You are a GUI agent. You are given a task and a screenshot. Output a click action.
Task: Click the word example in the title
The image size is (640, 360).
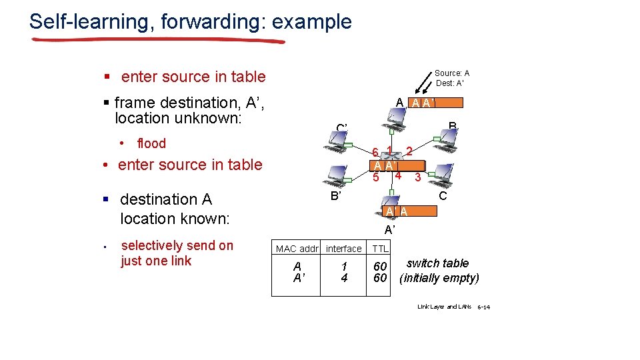(x=312, y=21)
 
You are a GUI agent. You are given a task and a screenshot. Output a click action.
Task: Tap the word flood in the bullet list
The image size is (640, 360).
(x=151, y=143)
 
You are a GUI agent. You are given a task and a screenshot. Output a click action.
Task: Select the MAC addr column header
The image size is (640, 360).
(x=297, y=249)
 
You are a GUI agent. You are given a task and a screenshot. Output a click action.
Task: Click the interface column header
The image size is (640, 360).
(x=344, y=249)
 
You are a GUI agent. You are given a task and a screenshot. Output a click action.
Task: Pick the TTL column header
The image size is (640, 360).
(x=380, y=249)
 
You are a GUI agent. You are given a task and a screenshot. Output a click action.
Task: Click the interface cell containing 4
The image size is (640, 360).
(x=344, y=278)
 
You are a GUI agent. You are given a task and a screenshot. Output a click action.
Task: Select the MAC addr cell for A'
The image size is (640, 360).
(x=297, y=278)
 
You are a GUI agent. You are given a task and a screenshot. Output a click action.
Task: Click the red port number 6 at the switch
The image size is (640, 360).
(x=376, y=153)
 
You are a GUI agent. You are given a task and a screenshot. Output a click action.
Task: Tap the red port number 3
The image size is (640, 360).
(x=417, y=177)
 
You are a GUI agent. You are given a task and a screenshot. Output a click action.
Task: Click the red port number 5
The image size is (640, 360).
(x=376, y=177)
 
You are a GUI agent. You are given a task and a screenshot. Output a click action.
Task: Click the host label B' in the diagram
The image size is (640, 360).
(x=337, y=196)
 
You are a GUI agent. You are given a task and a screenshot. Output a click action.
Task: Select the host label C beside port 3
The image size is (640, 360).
(x=442, y=196)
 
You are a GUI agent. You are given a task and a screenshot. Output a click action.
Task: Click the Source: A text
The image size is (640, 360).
(x=452, y=73)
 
